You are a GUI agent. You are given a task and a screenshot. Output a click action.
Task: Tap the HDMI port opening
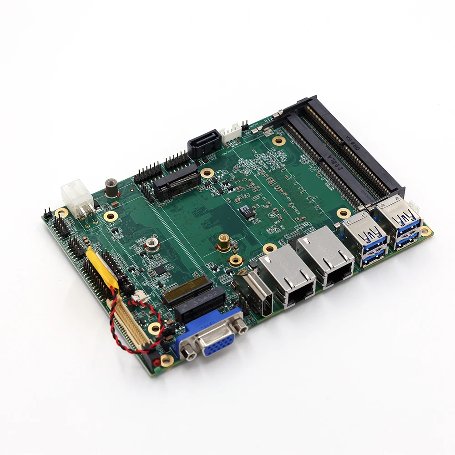[255, 292]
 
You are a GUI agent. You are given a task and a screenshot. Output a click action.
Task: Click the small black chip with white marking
[246, 212]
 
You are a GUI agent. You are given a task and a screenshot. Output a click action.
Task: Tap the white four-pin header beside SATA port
[231, 132]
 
